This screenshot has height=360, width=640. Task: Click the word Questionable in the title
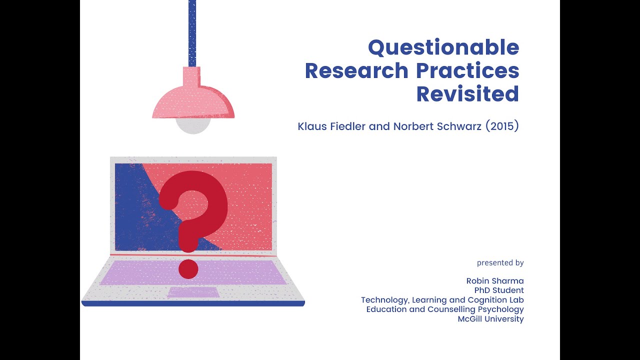443,48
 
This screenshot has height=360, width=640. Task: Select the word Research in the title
356,71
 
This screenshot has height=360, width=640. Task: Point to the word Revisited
467,94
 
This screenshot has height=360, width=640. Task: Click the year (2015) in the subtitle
502,126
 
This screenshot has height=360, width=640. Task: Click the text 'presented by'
500,262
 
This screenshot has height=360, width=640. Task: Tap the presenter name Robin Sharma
495,281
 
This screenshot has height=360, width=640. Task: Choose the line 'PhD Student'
499,290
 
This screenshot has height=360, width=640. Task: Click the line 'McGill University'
490,319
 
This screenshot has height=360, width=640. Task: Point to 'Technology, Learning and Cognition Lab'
442,300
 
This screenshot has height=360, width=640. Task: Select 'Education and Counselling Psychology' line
445,309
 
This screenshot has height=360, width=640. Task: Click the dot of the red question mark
188,269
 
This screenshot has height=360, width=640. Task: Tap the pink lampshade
192,100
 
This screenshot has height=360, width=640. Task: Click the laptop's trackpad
193,292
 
